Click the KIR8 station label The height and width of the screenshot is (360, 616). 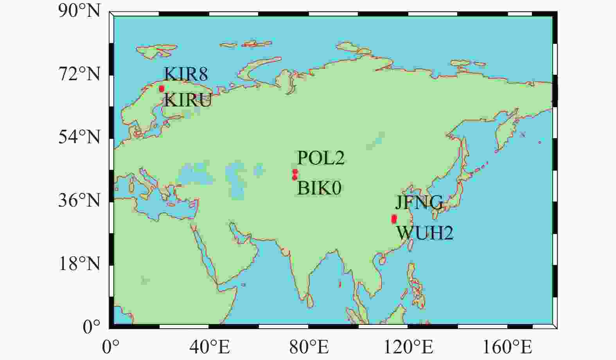(x=186, y=74)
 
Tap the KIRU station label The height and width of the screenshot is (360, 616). (x=188, y=101)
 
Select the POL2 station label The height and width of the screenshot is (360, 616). (x=321, y=158)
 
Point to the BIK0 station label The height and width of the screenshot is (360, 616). (x=319, y=188)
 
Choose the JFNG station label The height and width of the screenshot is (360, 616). (x=419, y=203)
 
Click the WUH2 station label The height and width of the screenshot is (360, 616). (x=425, y=233)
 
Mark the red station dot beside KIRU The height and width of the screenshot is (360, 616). (x=162, y=89)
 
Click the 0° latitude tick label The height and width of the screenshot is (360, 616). (x=92, y=327)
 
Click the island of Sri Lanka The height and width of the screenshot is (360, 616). (x=310, y=301)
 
